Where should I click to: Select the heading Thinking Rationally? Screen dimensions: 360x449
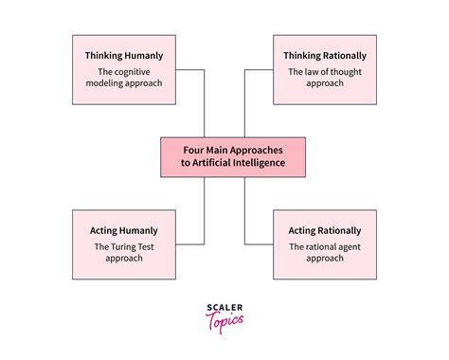coord(324,56)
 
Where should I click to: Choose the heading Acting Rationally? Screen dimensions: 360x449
coord(324,230)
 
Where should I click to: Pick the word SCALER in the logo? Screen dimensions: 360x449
coord(224,307)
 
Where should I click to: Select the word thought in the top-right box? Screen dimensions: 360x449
coord(350,71)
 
